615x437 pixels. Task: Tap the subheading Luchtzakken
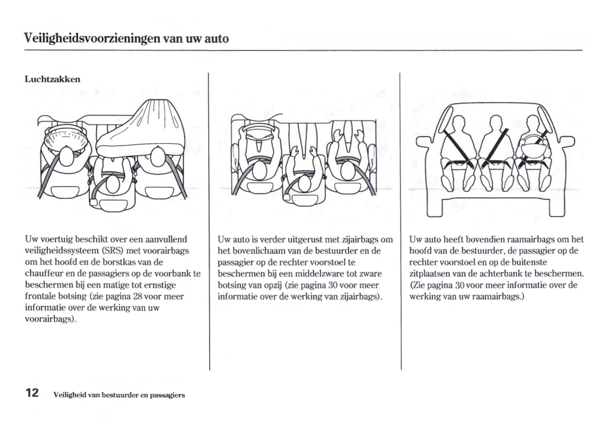(x=52, y=79)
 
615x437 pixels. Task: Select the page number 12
(x=32, y=392)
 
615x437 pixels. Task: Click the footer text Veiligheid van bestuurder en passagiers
(x=119, y=395)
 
